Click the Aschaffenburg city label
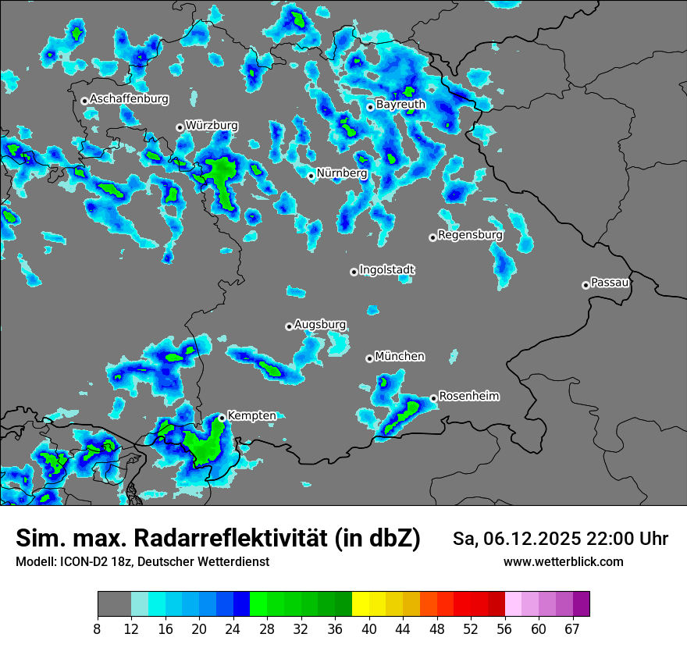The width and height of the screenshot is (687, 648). click(x=129, y=99)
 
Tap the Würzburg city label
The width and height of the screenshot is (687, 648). click(x=212, y=125)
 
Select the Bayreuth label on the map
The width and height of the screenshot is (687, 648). click(x=400, y=104)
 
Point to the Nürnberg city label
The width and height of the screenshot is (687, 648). click(x=341, y=173)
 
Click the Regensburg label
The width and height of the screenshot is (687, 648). click(x=470, y=234)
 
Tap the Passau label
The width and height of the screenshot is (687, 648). click(x=610, y=282)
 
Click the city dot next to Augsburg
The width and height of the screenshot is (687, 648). click(x=289, y=326)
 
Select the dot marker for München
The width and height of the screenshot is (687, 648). click(x=369, y=358)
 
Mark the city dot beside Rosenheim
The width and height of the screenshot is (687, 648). click(x=433, y=398)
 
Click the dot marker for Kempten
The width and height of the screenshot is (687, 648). click(x=222, y=418)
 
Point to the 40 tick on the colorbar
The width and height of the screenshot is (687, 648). click(x=370, y=629)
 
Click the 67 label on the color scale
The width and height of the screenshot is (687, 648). click(x=571, y=629)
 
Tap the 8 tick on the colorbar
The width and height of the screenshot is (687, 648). click(x=98, y=629)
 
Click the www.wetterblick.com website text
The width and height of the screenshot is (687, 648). click(x=563, y=561)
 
